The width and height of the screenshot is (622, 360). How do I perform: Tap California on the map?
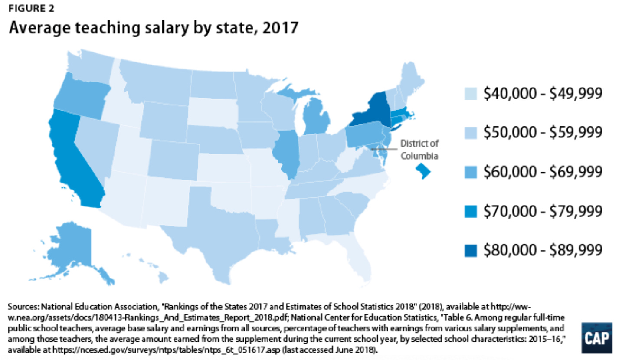pos(74,156)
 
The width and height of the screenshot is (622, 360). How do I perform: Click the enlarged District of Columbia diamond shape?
pos(423,170)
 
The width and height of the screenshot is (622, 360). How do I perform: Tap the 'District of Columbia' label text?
pos(419,149)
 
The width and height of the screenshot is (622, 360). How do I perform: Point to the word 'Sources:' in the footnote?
pos(22,307)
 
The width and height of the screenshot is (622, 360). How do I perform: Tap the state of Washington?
pos(89,65)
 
